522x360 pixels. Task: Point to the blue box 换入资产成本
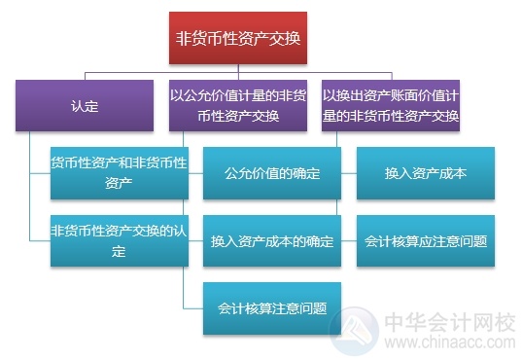pos(426,173)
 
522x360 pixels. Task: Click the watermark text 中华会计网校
pos(453,318)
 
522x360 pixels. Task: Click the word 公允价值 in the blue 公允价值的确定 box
pos(255,173)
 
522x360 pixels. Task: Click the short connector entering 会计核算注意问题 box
pos(193,307)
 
